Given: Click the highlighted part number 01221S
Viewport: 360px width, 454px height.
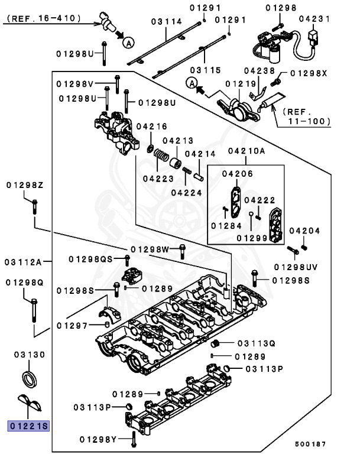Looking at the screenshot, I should tap(28, 426).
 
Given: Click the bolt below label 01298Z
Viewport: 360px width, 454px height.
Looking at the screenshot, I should tap(34, 207).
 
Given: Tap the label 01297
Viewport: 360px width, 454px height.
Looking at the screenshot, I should tap(72, 325).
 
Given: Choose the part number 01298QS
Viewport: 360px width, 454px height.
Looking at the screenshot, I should tap(90, 259).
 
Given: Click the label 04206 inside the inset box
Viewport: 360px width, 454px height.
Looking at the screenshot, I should tap(237, 174).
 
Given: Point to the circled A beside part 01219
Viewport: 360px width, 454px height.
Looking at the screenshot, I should tap(190, 84).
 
